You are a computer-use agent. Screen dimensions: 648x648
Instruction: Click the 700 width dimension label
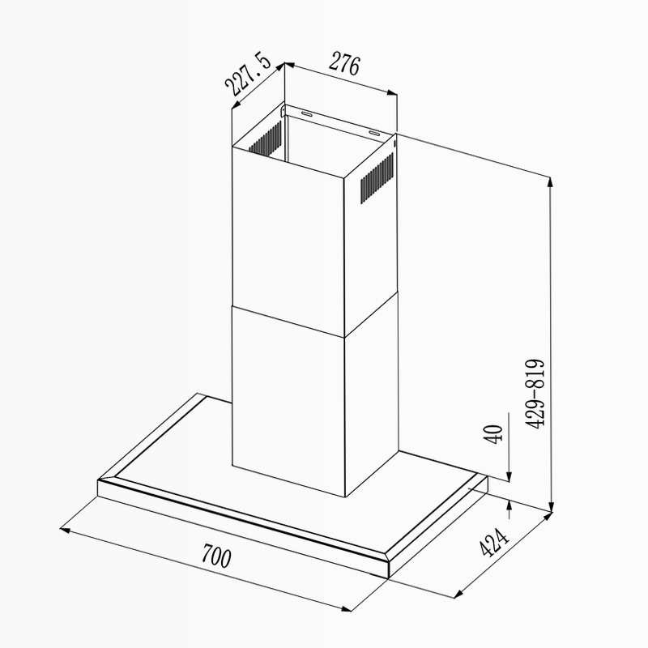[x=216, y=556]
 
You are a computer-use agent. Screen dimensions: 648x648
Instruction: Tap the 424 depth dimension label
[x=494, y=543]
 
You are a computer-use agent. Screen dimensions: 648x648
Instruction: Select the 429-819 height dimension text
[x=535, y=394]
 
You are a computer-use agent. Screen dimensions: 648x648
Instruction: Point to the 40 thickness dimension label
[x=493, y=434]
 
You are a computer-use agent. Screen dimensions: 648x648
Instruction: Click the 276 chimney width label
[x=344, y=64]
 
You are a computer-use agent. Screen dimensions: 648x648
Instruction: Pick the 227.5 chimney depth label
[x=248, y=75]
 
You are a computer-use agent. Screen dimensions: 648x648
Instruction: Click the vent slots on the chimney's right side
[x=377, y=177]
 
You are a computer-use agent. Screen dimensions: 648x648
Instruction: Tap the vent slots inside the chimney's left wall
[x=266, y=139]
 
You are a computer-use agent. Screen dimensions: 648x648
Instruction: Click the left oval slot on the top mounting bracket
[x=307, y=113]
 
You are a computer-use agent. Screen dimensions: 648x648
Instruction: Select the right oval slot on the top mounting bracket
[x=375, y=133]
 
